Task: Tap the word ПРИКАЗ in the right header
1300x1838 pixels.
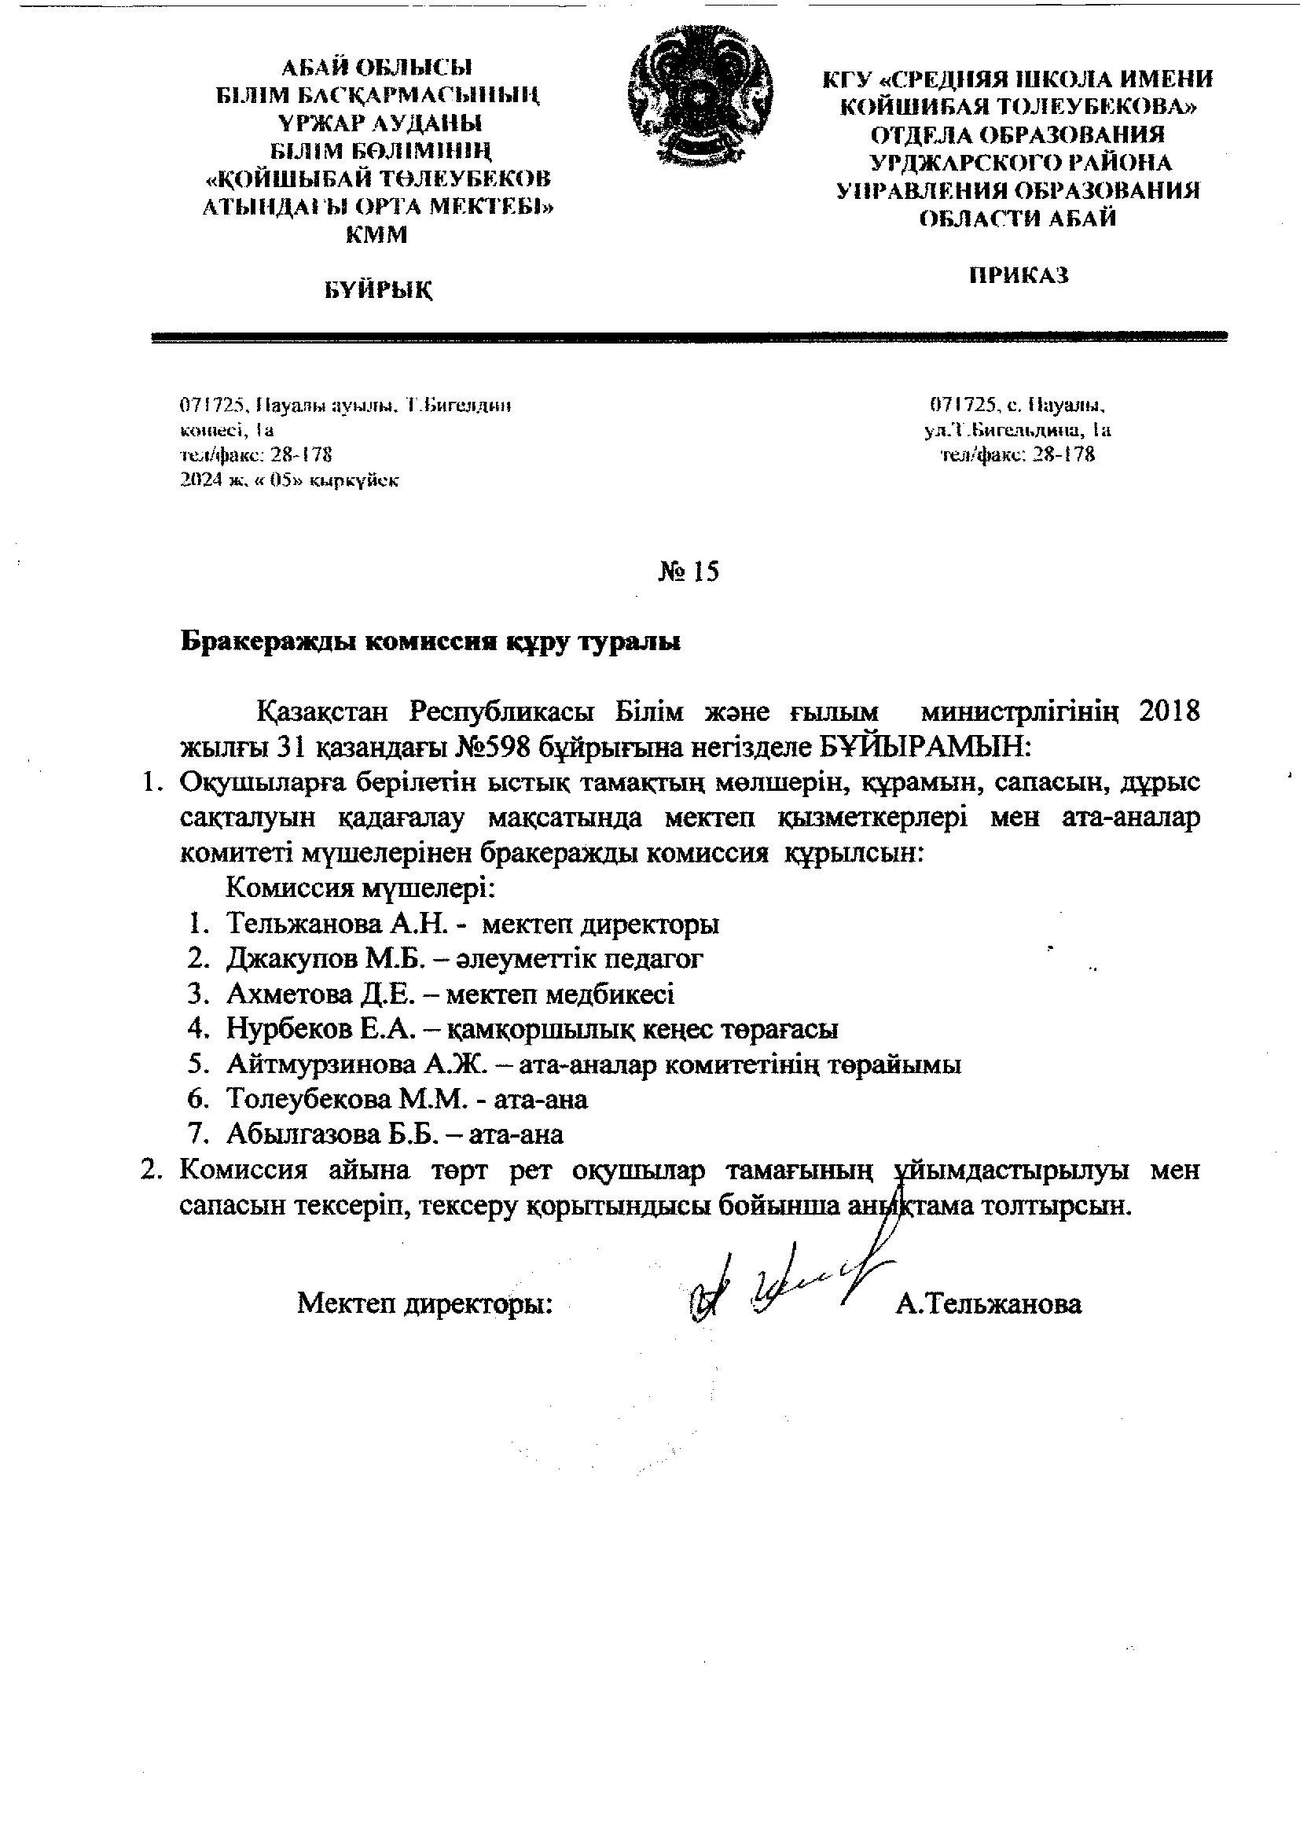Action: pyautogui.click(x=1019, y=275)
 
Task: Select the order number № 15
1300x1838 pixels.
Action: pyautogui.click(x=689, y=572)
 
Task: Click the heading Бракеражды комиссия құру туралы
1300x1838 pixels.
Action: pyautogui.click(x=431, y=642)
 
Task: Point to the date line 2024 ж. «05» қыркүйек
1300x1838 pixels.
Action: pyautogui.click(x=290, y=480)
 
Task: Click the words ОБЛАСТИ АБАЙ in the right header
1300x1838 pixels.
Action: pyautogui.click(x=1017, y=219)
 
